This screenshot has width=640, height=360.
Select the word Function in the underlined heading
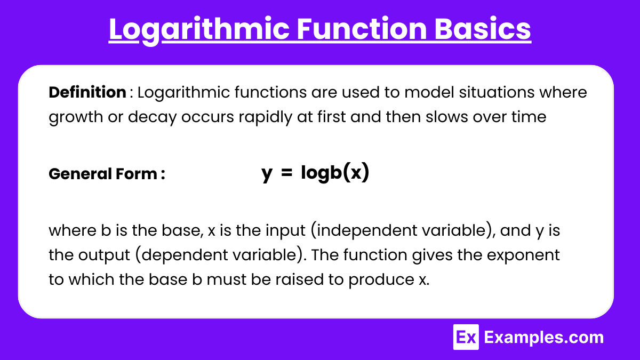(362, 29)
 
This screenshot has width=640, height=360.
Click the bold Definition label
(87, 92)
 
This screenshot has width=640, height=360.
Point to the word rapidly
(266, 117)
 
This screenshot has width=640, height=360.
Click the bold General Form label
(107, 174)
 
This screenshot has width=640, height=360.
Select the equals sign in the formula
(286, 173)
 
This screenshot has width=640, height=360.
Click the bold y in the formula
(267, 174)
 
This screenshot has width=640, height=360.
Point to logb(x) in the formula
(335, 173)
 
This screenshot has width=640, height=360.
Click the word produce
(381, 280)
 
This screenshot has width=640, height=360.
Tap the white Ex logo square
(466, 337)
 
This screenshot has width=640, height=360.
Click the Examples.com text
(543, 338)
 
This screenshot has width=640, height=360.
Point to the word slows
(446, 117)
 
